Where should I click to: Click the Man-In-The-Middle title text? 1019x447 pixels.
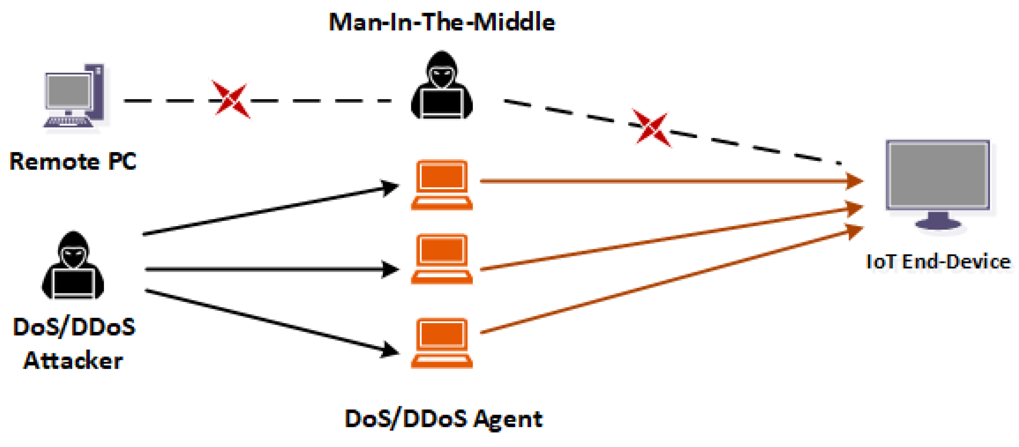[x=442, y=22]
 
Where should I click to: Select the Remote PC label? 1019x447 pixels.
[x=73, y=162]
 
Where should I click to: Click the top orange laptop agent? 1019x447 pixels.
[x=442, y=185]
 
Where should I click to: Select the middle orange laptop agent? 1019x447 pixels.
[x=442, y=259]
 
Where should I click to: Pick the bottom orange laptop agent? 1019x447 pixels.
[x=442, y=343]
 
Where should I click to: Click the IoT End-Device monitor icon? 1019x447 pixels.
[x=937, y=176]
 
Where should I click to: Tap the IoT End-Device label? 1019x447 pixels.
[x=938, y=262]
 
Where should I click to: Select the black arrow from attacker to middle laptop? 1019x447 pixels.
[x=269, y=269]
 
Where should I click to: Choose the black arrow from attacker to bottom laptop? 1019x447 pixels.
[x=269, y=321]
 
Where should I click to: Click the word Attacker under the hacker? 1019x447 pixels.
[x=73, y=361]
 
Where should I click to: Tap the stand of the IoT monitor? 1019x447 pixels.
[x=938, y=221]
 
